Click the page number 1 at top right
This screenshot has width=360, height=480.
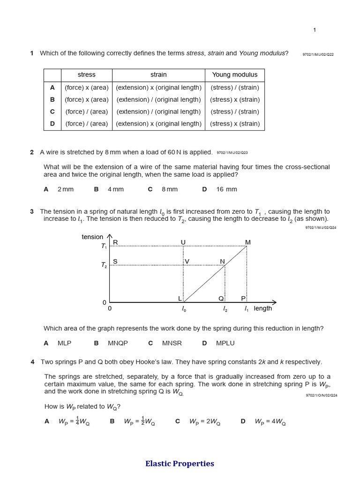tap(315, 30)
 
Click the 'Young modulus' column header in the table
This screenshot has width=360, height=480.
tap(234, 75)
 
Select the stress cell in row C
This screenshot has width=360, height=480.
tap(86, 112)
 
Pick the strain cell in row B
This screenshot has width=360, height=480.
tap(158, 99)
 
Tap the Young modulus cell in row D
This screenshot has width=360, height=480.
tap(234, 124)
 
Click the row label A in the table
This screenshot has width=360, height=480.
tap(52, 87)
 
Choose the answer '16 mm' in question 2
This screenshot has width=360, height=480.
tap(226, 189)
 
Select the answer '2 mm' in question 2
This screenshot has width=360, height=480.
tap(65, 189)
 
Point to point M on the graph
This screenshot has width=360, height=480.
tap(248, 242)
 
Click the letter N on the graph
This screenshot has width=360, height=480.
tap(223, 261)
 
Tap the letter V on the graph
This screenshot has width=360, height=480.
tap(187, 261)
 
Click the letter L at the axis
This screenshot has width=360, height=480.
tap(180, 299)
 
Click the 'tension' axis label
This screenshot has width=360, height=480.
tap(92, 237)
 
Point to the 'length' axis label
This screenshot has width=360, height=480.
tap(263, 308)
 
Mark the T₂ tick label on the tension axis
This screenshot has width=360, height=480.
tap(104, 265)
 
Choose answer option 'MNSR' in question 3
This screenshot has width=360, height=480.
tap(172, 343)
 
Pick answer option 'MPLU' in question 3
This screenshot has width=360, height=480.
tap(225, 343)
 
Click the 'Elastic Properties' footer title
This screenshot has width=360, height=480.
tap(180, 464)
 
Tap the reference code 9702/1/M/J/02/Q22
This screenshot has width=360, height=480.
tap(318, 54)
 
